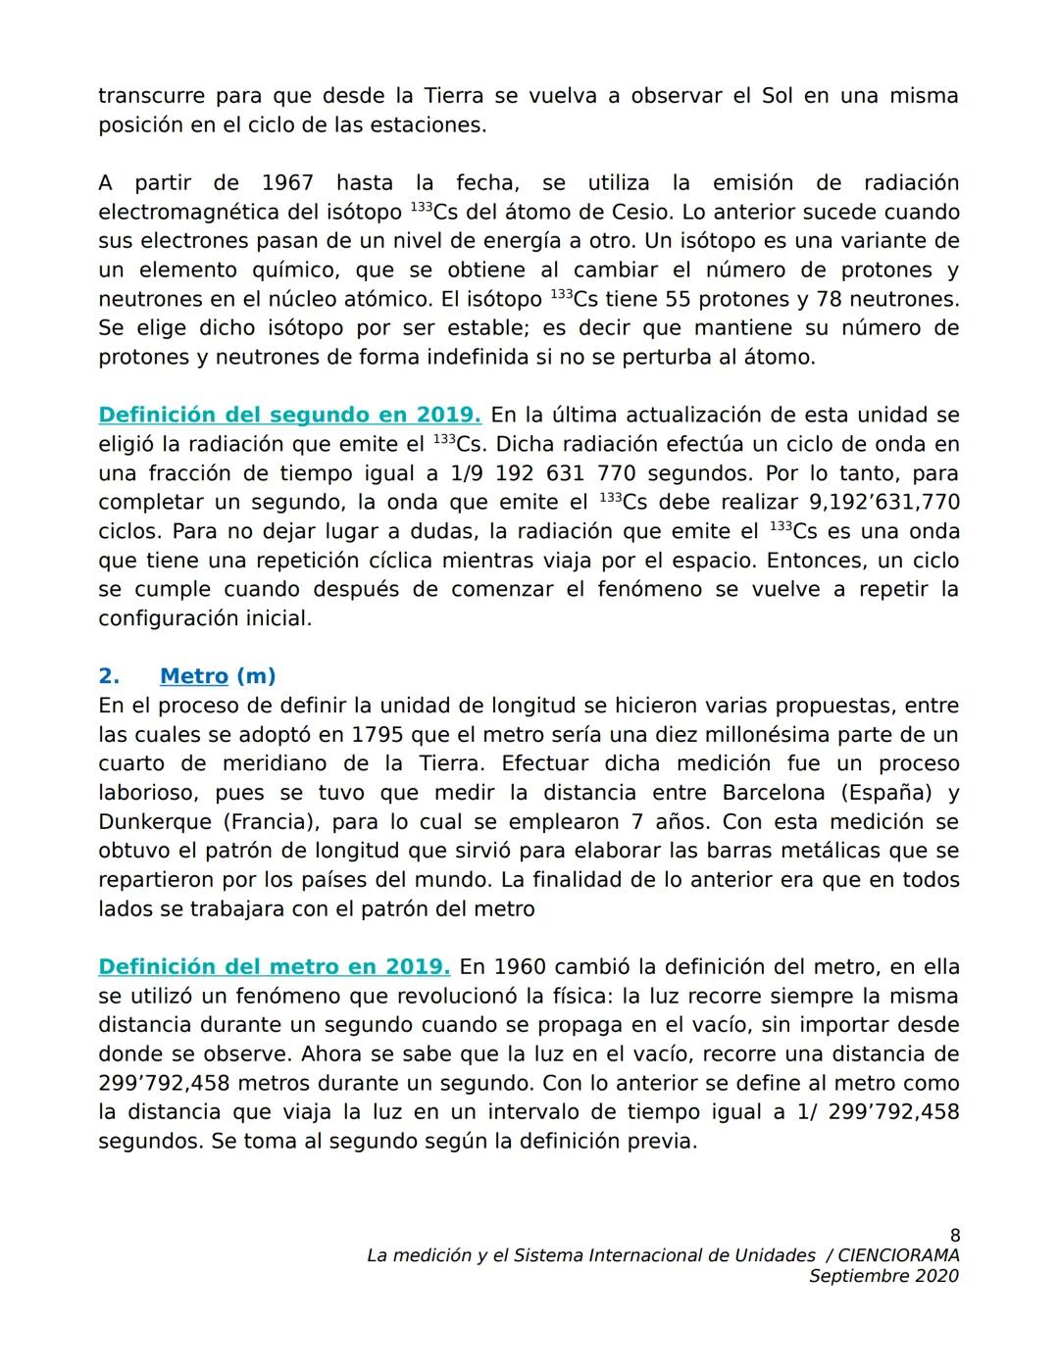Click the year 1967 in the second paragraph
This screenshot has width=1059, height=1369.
tap(287, 183)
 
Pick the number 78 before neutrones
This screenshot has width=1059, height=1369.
tap(829, 299)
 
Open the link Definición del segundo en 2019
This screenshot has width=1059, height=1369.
tap(289, 415)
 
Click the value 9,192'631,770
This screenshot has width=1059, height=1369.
tap(883, 502)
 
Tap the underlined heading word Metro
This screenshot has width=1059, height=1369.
tap(193, 676)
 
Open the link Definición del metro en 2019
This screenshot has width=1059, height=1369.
tap(275, 967)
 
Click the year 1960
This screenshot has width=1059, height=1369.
tap(519, 967)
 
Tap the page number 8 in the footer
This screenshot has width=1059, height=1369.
tap(954, 1235)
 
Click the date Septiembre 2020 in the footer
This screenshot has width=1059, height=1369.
tap(883, 1276)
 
